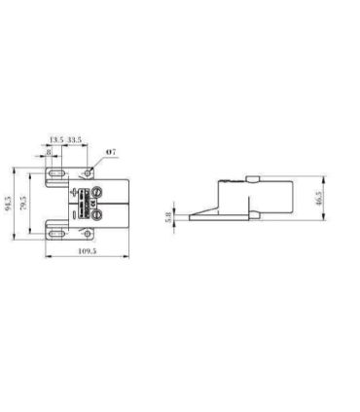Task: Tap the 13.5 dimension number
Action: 56,140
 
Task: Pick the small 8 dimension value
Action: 50,154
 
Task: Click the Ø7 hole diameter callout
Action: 112,153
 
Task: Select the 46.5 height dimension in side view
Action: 319,198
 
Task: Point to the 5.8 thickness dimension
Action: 169,217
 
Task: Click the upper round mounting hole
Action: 89,171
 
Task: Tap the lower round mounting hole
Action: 89,234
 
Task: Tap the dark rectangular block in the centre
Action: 83,202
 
